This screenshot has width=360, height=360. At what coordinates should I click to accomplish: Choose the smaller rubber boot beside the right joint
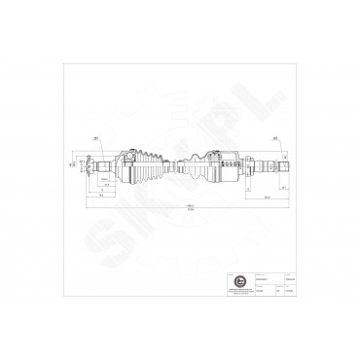tap(195, 162)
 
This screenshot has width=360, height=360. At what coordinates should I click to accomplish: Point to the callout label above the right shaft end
tap(278, 137)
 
